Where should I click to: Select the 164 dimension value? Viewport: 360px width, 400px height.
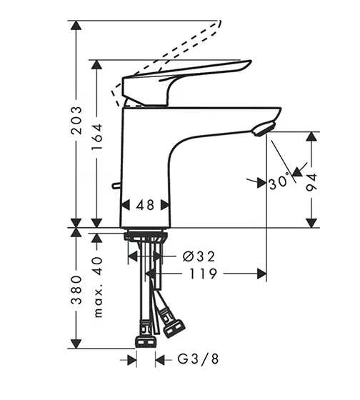[97, 136]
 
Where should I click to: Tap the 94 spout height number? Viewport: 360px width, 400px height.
[311, 182]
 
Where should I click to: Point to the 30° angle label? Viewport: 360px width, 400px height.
[279, 182]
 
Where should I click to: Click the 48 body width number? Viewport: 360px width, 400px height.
[145, 205]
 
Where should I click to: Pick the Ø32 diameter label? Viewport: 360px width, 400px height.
[199, 256]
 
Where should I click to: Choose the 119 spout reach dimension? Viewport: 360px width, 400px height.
[203, 274]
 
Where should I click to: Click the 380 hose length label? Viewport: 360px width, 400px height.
[76, 290]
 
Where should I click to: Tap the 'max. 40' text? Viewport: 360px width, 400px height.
[98, 287]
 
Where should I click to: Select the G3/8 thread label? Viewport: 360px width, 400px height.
[199, 359]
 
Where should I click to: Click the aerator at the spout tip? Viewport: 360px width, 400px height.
[264, 129]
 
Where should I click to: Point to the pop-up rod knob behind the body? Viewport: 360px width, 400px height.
[116, 186]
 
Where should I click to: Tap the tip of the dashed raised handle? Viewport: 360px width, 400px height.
[220, 22]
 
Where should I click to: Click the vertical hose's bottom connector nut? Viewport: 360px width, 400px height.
[145, 342]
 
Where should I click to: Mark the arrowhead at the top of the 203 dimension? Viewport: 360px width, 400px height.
[76, 25]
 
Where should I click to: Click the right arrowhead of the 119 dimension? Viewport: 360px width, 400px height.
[261, 274]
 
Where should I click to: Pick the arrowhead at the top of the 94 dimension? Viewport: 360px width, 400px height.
[311, 136]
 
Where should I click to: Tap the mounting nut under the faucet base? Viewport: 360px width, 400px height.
[146, 236]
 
